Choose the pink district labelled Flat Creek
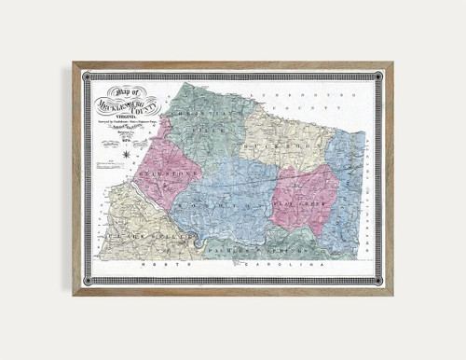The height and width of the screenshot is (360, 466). (304, 201)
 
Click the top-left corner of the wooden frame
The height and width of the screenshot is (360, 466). (73, 63)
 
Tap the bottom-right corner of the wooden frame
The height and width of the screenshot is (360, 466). (392, 296)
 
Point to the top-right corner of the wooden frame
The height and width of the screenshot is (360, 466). (392, 63)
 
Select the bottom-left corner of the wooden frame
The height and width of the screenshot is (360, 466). (73, 296)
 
